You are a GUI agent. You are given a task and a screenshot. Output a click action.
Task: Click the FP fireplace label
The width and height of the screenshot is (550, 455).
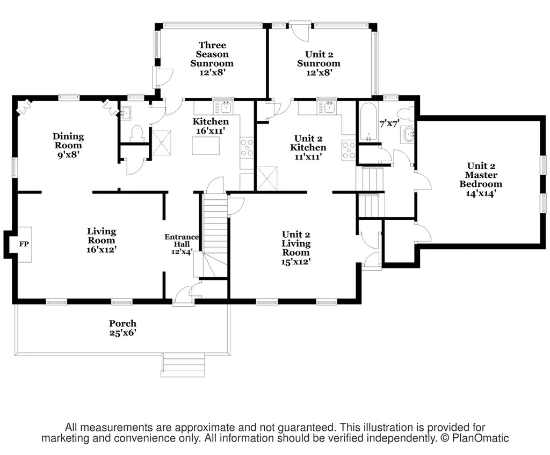[x=24, y=244]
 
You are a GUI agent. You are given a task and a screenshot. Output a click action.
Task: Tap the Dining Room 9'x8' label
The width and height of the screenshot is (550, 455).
[x=68, y=145]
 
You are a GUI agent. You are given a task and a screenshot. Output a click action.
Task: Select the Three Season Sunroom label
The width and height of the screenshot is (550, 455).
[x=212, y=59]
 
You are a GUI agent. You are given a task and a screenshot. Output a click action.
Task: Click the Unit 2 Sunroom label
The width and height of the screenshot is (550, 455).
[x=319, y=63]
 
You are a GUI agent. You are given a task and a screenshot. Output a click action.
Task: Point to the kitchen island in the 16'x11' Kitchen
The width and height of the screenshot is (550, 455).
[x=206, y=146]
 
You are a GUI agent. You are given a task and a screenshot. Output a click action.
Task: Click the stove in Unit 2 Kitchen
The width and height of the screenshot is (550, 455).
[x=349, y=150]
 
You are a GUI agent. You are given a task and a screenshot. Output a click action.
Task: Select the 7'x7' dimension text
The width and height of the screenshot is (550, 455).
[x=389, y=124]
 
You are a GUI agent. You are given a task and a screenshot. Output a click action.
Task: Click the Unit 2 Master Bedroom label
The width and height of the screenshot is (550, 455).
[x=481, y=179]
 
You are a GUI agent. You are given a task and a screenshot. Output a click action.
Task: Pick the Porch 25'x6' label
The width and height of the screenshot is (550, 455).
[x=123, y=328]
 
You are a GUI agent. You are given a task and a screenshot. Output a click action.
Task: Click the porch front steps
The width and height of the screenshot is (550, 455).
[x=183, y=365]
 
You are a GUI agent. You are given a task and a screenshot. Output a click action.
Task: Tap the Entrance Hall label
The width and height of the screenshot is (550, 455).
[x=182, y=244]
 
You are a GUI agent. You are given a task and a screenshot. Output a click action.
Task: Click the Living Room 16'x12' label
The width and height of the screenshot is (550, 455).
[x=102, y=240]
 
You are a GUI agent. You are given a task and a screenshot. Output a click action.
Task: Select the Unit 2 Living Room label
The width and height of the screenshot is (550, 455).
[x=296, y=248]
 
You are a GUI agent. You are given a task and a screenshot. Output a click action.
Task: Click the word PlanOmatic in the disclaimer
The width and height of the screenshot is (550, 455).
[x=480, y=438]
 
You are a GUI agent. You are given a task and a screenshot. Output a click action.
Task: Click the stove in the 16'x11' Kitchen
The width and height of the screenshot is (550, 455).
[x=247, y=148]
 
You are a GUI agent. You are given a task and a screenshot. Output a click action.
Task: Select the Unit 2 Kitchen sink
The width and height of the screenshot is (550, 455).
[x=328, y=107]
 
